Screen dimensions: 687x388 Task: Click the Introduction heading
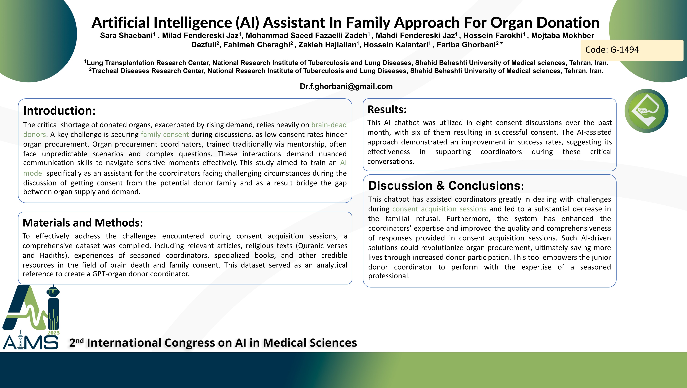coord(59,111)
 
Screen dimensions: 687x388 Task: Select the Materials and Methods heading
coord(83,223)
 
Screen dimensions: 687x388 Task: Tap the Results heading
coord(387,109)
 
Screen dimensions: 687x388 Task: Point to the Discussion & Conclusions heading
coord(446,186)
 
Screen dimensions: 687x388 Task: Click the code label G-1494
coord(612,50)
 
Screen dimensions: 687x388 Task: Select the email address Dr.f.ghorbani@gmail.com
coord(346,86)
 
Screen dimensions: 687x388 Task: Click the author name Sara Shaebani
coord(126,36)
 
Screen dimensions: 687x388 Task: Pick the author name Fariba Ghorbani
coord(466,45)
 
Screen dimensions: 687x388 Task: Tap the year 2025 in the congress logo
coord(53,333)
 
